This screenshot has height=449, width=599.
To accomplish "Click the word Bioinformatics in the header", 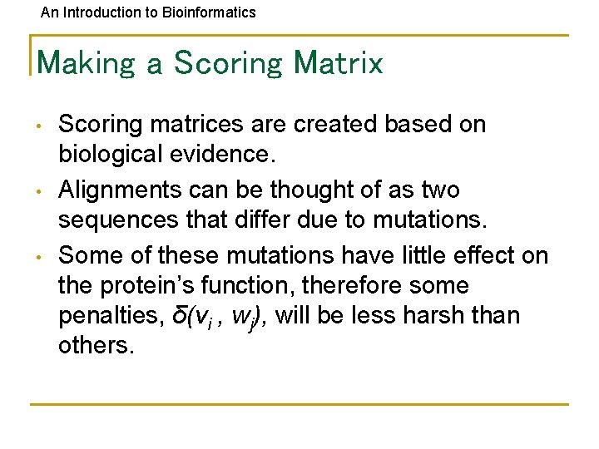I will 215,12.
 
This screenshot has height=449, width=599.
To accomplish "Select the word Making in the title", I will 87,63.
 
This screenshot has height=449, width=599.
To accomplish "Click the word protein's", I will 157,285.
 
